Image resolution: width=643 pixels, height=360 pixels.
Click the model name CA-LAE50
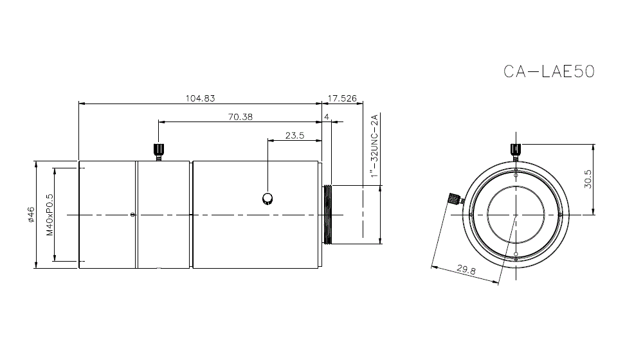tap(549, 71)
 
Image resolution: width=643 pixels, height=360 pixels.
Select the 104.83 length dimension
tap(199, 98)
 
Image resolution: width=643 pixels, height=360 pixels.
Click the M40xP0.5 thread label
tap(50, 215)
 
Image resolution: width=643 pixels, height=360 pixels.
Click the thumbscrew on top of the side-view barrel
tap(158, 151)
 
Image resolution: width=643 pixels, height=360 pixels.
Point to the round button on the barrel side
tap(267, 199)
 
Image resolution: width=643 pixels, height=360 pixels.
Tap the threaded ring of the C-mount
tap(329, 214)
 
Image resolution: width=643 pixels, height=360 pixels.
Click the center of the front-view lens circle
tap(516, 214)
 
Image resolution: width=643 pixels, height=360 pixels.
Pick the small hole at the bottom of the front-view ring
tap(516, 255)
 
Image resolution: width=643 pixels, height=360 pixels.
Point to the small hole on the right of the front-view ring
tap(561, 215)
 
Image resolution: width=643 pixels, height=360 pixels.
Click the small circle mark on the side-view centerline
tap(132, 215)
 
